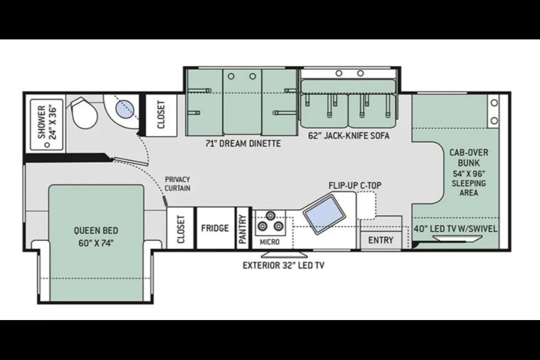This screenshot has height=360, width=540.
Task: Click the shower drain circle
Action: click(x=47, y=145)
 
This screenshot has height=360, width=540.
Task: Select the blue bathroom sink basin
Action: click(x=125, y=109)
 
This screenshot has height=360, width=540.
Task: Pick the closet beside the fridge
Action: click(x=181, y=228)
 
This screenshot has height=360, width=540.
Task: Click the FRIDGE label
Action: click(x=215, y=228)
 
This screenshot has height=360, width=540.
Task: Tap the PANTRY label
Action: click(x=243, y=229)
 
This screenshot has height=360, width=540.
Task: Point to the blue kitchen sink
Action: click(x=324, y=214)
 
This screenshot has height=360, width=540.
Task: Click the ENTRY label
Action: click(x=381, y=240)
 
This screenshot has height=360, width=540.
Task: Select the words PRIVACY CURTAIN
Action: click(x=177, y=183)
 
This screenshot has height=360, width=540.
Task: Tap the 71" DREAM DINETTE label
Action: click(x=243, y=143)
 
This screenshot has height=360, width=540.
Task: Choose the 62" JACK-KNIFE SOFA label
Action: click(x=349, y=136)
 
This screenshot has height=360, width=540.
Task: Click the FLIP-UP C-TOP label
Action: click(x=355, y=185)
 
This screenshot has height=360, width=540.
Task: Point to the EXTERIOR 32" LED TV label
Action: click(x=283, y=265)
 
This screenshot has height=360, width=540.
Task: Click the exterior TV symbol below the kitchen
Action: click(x=284, y=255)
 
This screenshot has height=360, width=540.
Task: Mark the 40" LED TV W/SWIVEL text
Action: click(x=455, y=229)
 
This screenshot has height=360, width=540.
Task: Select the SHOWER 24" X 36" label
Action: click(x=47, y=122)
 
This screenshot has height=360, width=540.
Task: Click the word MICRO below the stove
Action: click(x=269, y=242)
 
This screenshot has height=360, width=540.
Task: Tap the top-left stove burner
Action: click(x=271, y=216)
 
